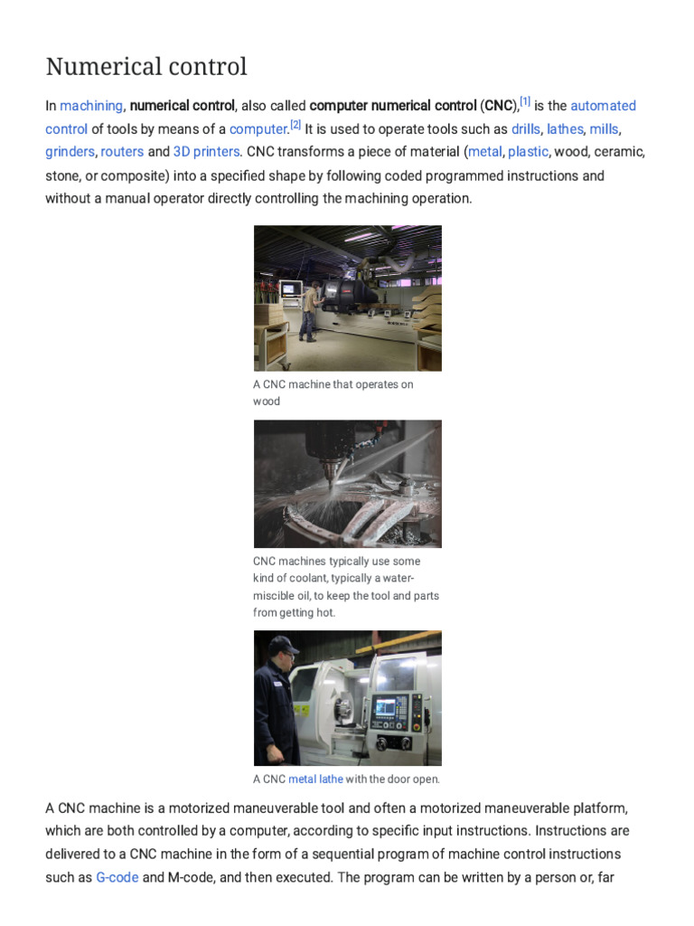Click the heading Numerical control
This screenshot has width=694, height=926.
click(145, 68)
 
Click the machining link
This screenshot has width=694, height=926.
click(91, 106)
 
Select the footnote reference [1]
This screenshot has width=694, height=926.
click(525, 101)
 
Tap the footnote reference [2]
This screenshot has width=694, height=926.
click(295, 125)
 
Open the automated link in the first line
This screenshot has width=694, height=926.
click(603, 106)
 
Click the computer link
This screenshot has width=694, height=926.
click(258, 129)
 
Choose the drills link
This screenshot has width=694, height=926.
click(525, 129)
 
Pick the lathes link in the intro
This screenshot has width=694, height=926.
click(565, 129)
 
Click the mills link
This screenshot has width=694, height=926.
click(604, 129)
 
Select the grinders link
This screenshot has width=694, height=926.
click(70, 152)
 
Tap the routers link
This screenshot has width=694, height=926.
click(122, 152)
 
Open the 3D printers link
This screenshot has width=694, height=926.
click(206, 152)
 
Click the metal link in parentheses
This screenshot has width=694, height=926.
click(484, 152)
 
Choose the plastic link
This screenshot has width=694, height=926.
click(528, 152)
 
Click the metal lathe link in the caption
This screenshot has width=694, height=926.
click(315, 780)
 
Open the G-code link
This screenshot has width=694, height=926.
click(117, 877)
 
